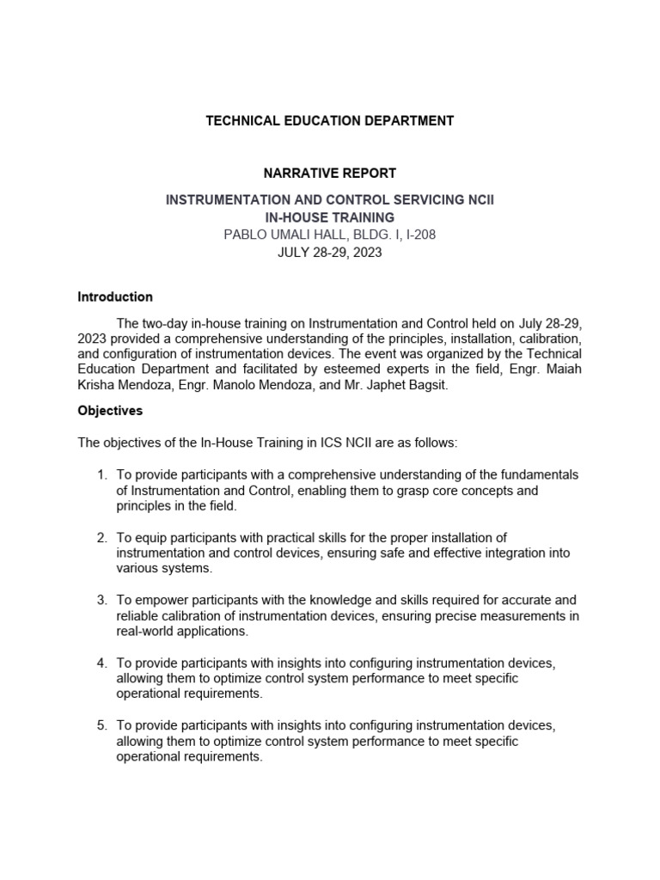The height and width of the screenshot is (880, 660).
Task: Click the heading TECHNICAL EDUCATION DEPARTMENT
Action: click(x=329, y=121)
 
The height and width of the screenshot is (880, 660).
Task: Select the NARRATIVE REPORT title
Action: click(x=330, y=174)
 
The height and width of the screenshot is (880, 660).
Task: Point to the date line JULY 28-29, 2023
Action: click(x=330, y=254)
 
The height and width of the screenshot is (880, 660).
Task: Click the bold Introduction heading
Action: click(x=115, y=297)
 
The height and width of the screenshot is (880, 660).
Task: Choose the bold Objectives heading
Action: click(x=110, y=411)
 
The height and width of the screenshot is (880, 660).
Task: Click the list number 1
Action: click(x=101, y=475)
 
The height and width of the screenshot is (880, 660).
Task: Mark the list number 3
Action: click(x=101, y=600)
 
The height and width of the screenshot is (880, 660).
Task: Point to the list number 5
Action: click(x=101, y=725)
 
